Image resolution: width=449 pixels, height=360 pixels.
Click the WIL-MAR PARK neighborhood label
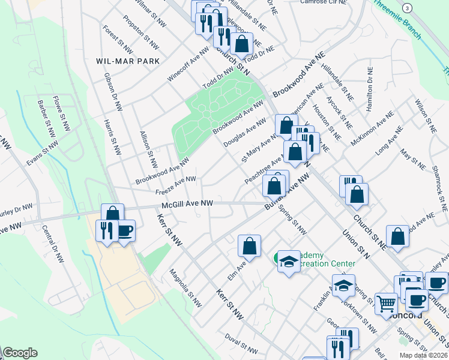[x=128, y=61]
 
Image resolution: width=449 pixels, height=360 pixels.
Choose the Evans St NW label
[x=42, y=154]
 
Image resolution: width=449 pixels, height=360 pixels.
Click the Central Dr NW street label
[x=53, y=245]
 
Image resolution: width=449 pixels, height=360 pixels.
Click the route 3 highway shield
[x=408, y=8]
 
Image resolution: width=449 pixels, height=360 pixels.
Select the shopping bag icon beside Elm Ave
[x=249, y=245]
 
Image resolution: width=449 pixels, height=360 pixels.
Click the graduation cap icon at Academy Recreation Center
[x=289, y=262]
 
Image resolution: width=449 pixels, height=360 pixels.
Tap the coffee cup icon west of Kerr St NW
[x=125, y=231]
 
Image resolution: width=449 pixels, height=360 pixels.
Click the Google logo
[x=20, y=353]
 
